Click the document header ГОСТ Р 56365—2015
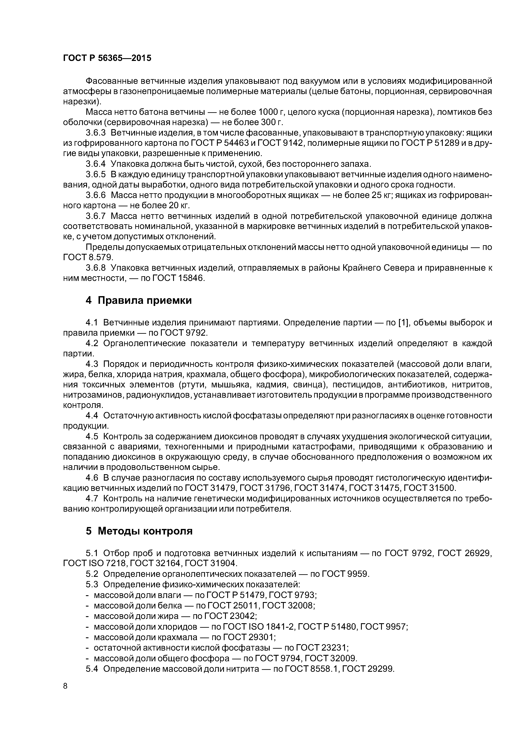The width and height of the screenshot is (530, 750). coord(107,58)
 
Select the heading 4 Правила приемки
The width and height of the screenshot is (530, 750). coord(138,300)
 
